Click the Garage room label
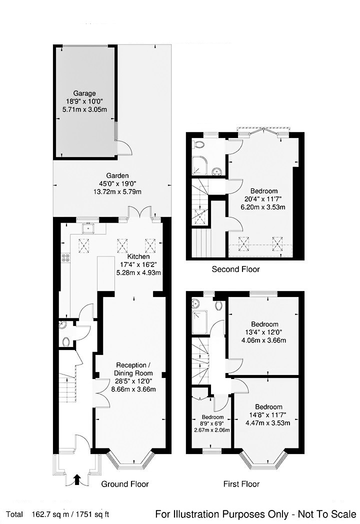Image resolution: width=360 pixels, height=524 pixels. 84,93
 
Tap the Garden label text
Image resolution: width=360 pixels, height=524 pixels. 117,176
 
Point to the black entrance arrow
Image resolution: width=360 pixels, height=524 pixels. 76,480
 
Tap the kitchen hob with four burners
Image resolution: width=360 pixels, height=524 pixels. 65,258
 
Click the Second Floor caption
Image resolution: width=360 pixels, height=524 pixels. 235,269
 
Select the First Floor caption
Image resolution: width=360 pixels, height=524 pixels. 241,484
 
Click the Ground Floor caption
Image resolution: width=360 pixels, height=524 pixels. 125,484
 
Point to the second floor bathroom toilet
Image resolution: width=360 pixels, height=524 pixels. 199,144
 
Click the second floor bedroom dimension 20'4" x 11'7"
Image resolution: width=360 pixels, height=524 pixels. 264,198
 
